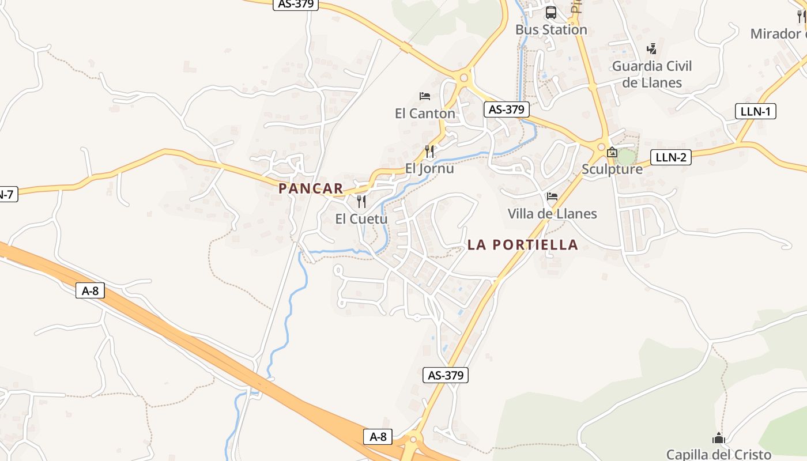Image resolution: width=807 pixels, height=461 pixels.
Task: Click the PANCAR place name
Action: click(x=311, y=188)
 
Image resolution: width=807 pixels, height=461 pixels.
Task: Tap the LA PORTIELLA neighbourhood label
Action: click(x=522, y=245)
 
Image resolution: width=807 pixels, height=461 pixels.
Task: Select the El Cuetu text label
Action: click(x=361, y=219)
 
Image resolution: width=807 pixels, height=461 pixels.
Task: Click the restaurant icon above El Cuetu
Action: click(x=361, y=201)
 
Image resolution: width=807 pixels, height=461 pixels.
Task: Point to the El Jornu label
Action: click(x=429, y=169)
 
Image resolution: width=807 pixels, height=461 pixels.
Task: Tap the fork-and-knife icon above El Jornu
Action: click(x=429, y=152)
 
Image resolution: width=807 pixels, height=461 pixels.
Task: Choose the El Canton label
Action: click(x=425, y=114)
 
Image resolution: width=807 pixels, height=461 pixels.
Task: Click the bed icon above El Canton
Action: click(x=425, y=96)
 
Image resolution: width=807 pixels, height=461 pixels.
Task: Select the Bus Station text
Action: click(x=551, y=29)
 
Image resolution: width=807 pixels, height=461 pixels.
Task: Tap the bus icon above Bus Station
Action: click(x=551, y=12)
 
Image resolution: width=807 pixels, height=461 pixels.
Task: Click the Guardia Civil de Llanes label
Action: click(x=652, y=74)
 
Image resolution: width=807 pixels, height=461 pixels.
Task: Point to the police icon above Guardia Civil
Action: click(x=652, y=48)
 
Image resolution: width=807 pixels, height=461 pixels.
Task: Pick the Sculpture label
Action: click(x=612, y=169)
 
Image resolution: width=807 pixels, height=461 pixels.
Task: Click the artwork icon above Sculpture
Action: click(x=612, y=153)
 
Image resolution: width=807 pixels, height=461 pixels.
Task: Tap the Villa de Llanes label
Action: click(x=552, y=214)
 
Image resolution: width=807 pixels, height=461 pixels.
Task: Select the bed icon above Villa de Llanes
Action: click(x=552, y=197)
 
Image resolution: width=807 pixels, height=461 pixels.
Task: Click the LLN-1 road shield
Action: click(x=756, y=111)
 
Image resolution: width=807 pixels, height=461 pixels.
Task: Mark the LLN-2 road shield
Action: click(x=671, y=157)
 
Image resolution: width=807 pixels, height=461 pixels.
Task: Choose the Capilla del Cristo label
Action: click(x=718, y=454)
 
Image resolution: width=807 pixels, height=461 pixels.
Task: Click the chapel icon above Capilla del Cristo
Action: click(x=718, y=438)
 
